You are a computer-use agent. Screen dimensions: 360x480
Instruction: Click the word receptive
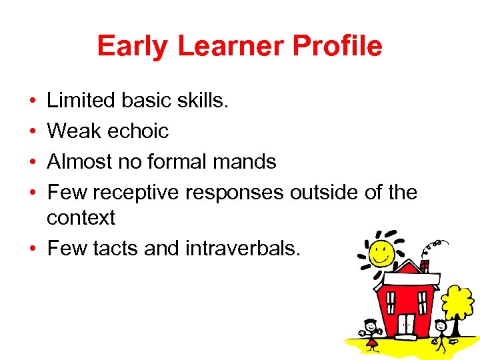(x=136, y=193)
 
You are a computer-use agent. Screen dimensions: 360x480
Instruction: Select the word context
(x=81, y=218)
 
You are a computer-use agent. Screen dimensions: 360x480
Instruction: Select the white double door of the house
(x=406, y=326)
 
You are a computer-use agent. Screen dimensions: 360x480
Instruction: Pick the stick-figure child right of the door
(x=440, y=333)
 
